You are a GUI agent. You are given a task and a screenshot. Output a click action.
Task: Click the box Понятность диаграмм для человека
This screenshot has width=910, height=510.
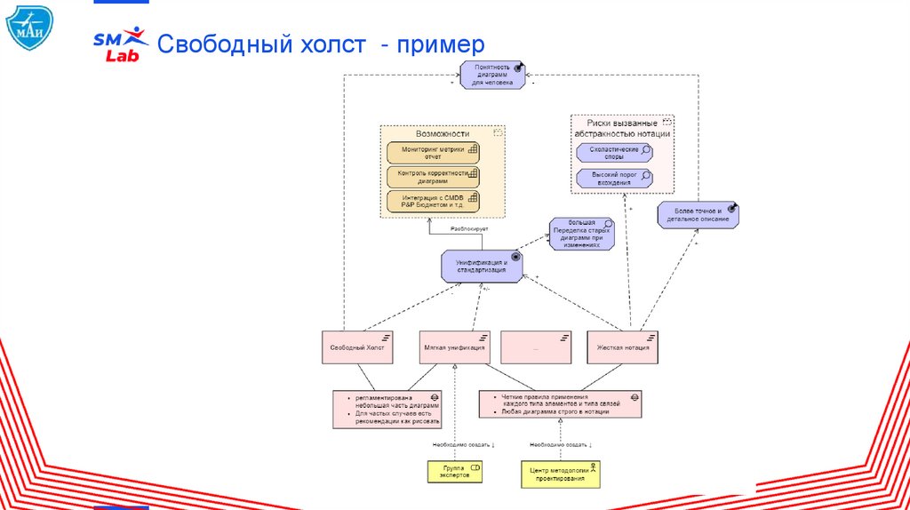pyautogui.click(x=492, y=75)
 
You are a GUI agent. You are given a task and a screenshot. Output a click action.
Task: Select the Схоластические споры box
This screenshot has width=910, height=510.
pyautogui.click(x=613, y=153)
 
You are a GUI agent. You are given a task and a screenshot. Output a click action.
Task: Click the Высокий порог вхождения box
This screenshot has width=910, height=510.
pyautogui.click(x=613, y=177)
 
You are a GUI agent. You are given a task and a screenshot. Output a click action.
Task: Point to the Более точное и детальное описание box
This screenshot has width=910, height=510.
pyautogui.click(x=698, y=214)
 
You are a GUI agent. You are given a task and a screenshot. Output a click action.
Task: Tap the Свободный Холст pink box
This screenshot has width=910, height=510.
pyautogui.click(x=357, y=347)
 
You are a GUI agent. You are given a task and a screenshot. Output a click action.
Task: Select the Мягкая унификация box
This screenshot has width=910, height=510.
pyautogui.click(x=454, y=347)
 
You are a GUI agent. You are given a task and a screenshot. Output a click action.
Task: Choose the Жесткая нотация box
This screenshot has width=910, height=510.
pyautogui.click(x=622, y=347)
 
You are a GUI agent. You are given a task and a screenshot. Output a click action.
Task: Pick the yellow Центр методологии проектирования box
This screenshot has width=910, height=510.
pyautogui.click(x=560, y=474)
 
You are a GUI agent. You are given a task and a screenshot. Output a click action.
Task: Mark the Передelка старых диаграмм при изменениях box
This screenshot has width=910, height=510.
pyautogui.click(x=580, y=234)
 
